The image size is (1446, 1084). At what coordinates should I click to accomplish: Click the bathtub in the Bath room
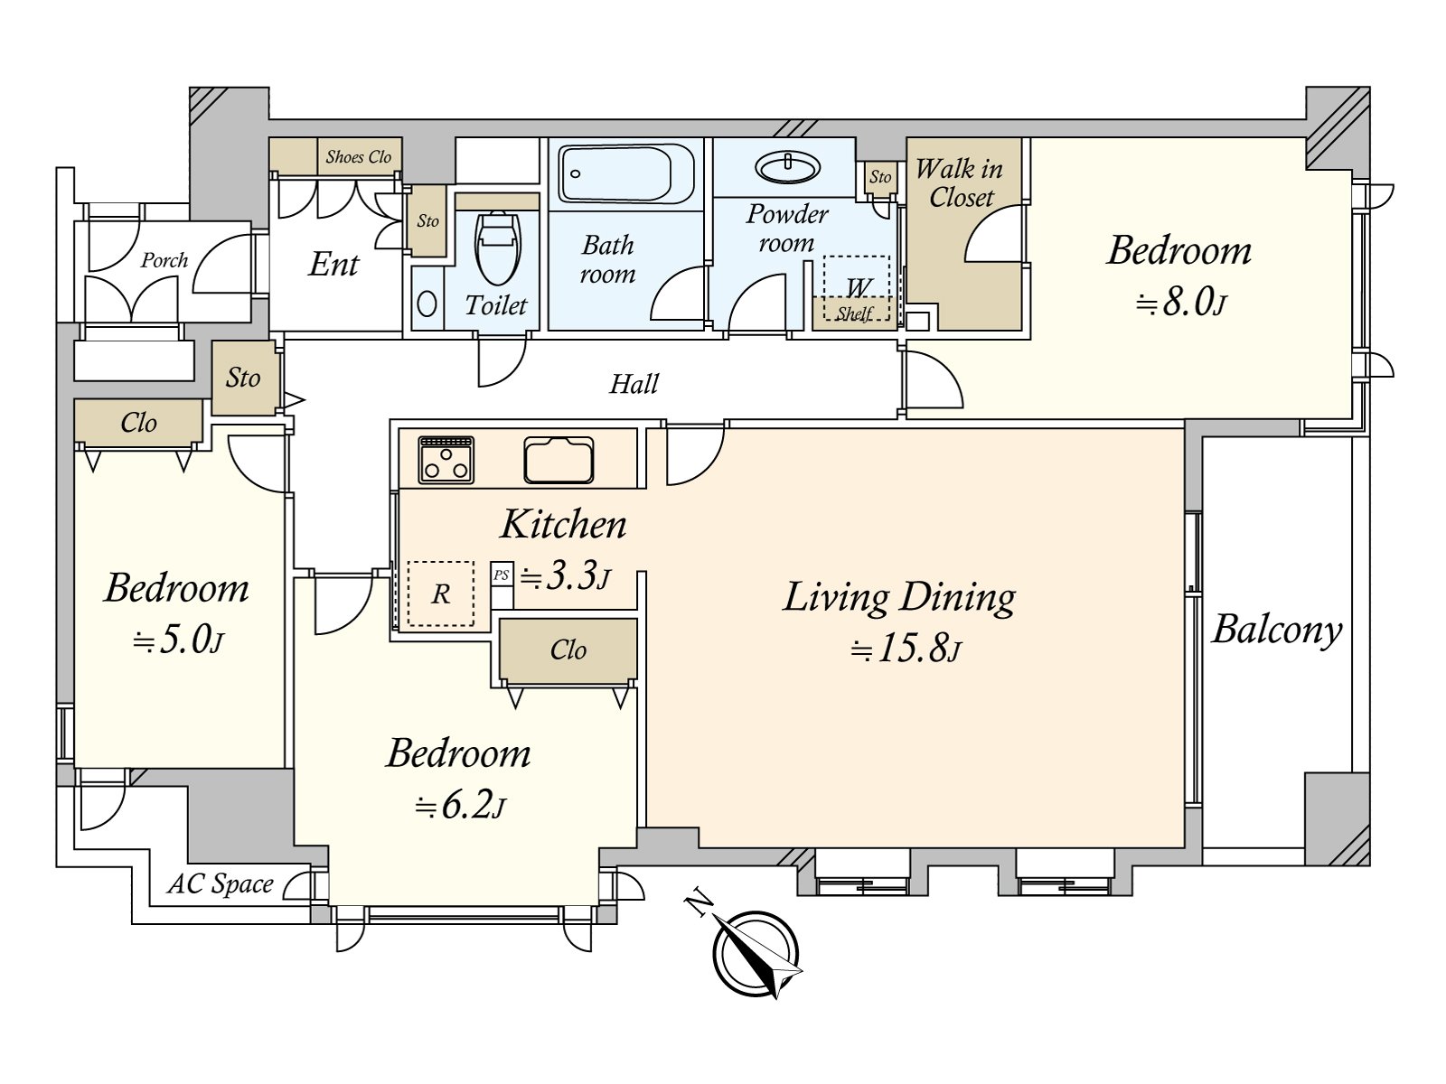point(625,173)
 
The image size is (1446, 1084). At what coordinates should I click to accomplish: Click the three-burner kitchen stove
point(446,460)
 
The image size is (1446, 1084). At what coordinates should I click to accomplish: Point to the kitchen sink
point(559,460)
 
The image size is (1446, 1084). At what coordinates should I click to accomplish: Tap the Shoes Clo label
point(359,156)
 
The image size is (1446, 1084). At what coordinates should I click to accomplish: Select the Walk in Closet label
point(960,183)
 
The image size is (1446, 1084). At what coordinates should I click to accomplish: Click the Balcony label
point(1277,630)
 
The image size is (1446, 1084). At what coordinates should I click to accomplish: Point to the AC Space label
point(221,884)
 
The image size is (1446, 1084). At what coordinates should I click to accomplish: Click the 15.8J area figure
point(906,650)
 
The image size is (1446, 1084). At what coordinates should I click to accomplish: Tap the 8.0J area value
point(1180,303)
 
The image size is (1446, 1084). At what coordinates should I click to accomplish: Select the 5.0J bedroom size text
point(178,640)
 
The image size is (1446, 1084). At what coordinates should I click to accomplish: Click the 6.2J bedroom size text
point(460,806)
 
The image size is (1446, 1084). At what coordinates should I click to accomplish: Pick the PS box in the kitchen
point(502,575)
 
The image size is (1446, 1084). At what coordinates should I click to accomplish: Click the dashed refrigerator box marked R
point(440,593)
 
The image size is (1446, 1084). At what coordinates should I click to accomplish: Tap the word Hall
point(634,384)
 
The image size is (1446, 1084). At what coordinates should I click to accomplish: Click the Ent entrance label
point(334,265)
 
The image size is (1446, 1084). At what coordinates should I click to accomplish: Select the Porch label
point(164,261)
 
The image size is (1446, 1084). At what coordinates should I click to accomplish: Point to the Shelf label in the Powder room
point(854,314)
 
